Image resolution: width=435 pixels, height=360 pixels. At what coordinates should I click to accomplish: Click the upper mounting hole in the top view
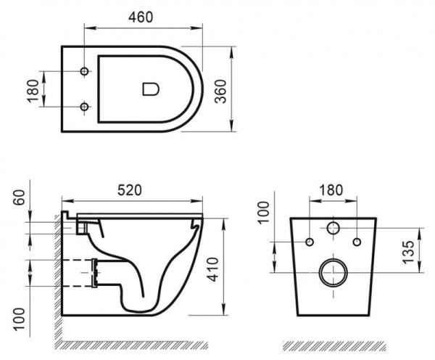click(84, 72)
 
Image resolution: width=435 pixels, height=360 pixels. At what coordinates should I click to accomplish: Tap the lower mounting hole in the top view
click(84, 108)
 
